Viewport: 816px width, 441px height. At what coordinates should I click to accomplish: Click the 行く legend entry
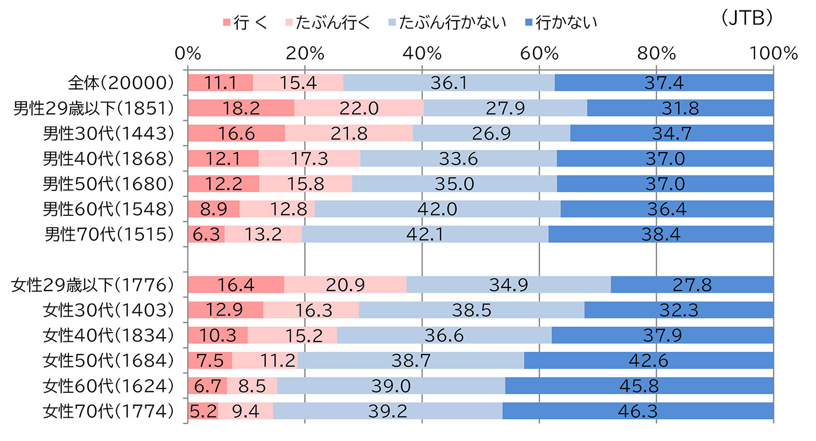245,22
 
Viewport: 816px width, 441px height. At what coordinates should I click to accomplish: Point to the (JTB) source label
746,18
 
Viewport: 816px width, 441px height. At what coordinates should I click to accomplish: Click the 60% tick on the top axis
539,53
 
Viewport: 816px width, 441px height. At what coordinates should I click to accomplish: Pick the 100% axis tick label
773,53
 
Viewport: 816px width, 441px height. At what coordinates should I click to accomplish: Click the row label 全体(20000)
121,82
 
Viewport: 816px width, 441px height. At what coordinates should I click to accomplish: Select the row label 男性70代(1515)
109,234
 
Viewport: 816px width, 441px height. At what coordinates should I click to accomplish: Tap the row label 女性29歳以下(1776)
92,285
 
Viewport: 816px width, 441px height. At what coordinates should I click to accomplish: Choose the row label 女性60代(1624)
108,385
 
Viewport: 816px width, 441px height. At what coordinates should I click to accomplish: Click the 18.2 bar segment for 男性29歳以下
241,108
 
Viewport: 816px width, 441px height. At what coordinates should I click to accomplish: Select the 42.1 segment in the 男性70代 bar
425,234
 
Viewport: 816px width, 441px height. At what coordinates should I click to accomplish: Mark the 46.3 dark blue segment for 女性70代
637,411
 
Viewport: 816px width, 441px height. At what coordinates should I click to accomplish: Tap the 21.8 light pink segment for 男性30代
349,133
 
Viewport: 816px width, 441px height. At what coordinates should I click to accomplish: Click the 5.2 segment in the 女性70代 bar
202,411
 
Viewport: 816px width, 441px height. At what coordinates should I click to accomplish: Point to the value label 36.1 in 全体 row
448,82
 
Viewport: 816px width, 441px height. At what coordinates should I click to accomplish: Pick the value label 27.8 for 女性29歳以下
692,285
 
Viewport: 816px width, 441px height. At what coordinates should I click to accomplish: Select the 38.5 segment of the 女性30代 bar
471,310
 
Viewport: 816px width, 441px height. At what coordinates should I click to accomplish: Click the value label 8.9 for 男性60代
213,209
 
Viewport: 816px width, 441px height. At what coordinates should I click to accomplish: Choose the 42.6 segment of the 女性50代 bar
648,360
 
